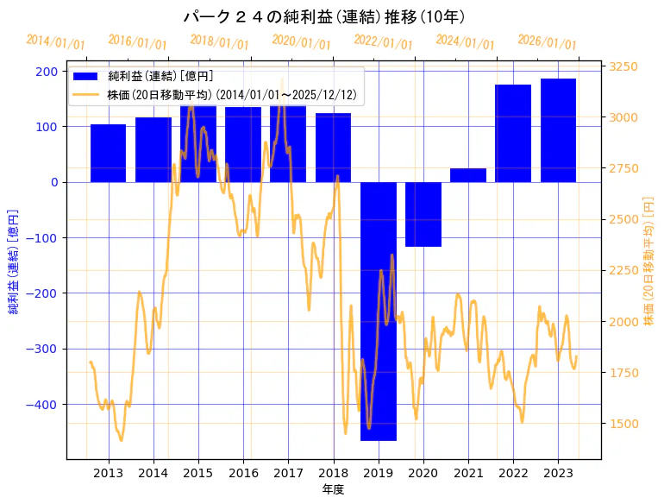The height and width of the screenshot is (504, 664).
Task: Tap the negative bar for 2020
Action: (423, 214)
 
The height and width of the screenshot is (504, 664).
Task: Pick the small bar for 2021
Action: (468, 175)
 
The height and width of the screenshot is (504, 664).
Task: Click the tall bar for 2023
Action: (558, 129)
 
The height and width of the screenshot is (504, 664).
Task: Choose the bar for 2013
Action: (108, 153)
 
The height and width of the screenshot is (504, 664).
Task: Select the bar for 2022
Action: (513, 133)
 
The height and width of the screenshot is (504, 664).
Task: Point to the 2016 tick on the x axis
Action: (243, 473)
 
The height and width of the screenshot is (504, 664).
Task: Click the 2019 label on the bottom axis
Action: (379, 473)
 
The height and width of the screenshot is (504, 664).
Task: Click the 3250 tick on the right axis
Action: (623, 66)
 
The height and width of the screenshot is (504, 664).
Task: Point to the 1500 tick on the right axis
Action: (623, 423)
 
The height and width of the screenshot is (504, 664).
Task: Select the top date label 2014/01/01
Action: (55, 42)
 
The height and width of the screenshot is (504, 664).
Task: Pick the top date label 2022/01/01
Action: (383, 42)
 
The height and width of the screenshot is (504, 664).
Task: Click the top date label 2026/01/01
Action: (547, 42)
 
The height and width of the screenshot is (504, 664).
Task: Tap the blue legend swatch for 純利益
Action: (86, 77)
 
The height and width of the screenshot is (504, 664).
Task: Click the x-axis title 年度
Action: (333, 489)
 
